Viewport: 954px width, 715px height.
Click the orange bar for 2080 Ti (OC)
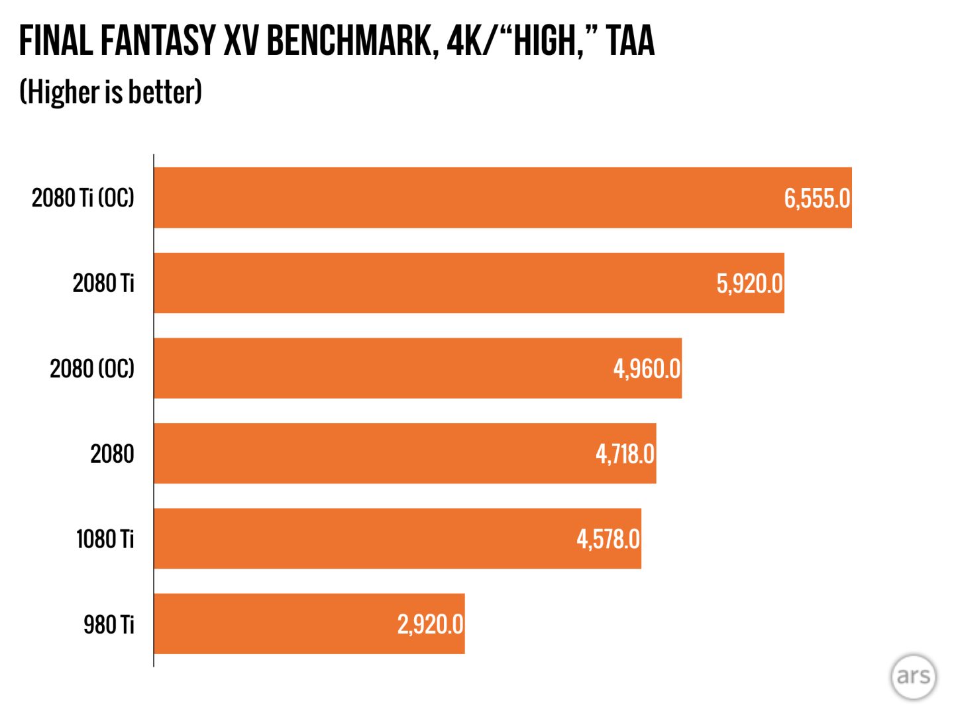464,197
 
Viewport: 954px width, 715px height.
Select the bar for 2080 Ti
431,283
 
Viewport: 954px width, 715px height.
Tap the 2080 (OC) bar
384,368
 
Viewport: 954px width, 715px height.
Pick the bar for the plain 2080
371,453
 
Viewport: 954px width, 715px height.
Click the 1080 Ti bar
364,538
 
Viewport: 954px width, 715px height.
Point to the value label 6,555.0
817,198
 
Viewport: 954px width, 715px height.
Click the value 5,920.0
749,283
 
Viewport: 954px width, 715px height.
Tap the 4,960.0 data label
647,369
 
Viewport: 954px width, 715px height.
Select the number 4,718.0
625,454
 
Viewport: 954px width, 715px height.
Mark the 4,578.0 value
608,539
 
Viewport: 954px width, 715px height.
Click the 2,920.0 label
430,624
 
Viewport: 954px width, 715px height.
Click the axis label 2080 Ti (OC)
83,197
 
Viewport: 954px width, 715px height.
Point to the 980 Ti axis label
109,624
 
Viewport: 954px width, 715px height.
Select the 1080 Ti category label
105,539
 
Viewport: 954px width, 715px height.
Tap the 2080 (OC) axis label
92,368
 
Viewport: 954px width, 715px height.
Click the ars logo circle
913,676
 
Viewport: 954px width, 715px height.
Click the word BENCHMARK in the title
348,41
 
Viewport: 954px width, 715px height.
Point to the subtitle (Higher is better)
111,92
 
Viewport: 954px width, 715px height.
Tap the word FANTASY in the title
158,41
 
